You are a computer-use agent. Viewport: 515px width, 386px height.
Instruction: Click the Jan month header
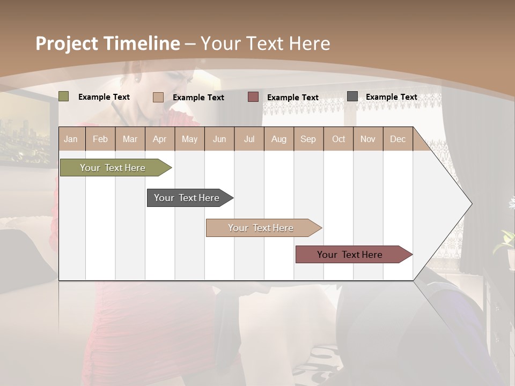pos(71,139)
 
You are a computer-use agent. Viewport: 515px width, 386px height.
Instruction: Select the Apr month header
pos(159,139)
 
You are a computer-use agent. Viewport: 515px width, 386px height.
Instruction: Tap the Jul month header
pos(249,139)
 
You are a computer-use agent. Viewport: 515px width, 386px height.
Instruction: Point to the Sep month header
pos(308,139)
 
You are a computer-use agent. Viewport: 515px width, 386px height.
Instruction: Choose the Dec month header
pos(398,139)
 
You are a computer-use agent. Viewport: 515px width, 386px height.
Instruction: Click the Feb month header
pos(100,139)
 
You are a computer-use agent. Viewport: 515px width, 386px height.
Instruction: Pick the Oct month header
pos(339,139)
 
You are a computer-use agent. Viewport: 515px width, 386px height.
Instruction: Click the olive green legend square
pos(64,96)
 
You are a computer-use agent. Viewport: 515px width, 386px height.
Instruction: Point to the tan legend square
pos(158,97)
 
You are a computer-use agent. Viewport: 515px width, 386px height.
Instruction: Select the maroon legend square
pos(253,96)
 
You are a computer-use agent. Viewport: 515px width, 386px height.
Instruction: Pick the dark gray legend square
pos(352,96)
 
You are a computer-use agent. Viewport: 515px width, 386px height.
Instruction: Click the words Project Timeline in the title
pos(108,43)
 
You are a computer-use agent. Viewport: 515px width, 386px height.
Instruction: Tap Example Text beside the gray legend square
pos(391,97)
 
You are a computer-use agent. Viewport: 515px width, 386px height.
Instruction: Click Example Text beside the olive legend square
pos(104,97)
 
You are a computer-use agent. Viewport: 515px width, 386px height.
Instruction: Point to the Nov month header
pos(368,139)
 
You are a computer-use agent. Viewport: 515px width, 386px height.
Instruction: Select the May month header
pos(189,139)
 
